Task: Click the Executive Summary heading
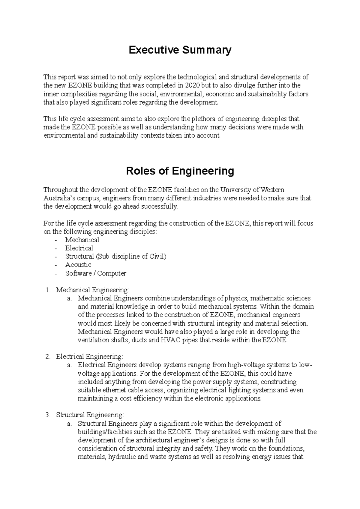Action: (x=180, y=50)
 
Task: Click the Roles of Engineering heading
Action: (x=180, y=171)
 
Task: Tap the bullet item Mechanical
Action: (x=82, y=240)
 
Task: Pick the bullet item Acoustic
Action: (x=78, y=265)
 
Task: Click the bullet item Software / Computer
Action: (x=96, y=273)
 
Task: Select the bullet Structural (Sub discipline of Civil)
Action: (x=115, y=257)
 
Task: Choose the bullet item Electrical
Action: (x=79, y=248)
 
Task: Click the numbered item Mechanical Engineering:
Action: (x=93, y=290)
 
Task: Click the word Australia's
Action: (x=59, y=198)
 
